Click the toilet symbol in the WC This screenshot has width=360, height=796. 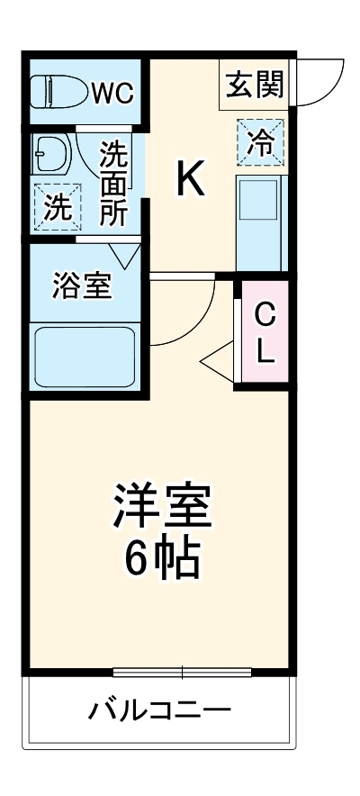point(57,90)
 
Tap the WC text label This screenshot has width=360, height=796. point(112,91)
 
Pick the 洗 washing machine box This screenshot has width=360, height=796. point(57,207)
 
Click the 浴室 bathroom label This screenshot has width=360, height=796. point(82,286)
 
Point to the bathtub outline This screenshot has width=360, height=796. point(83,357)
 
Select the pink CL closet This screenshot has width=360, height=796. point(264,332)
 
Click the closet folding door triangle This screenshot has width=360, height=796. point(218,361)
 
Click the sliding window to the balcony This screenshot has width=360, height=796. point(183,672)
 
